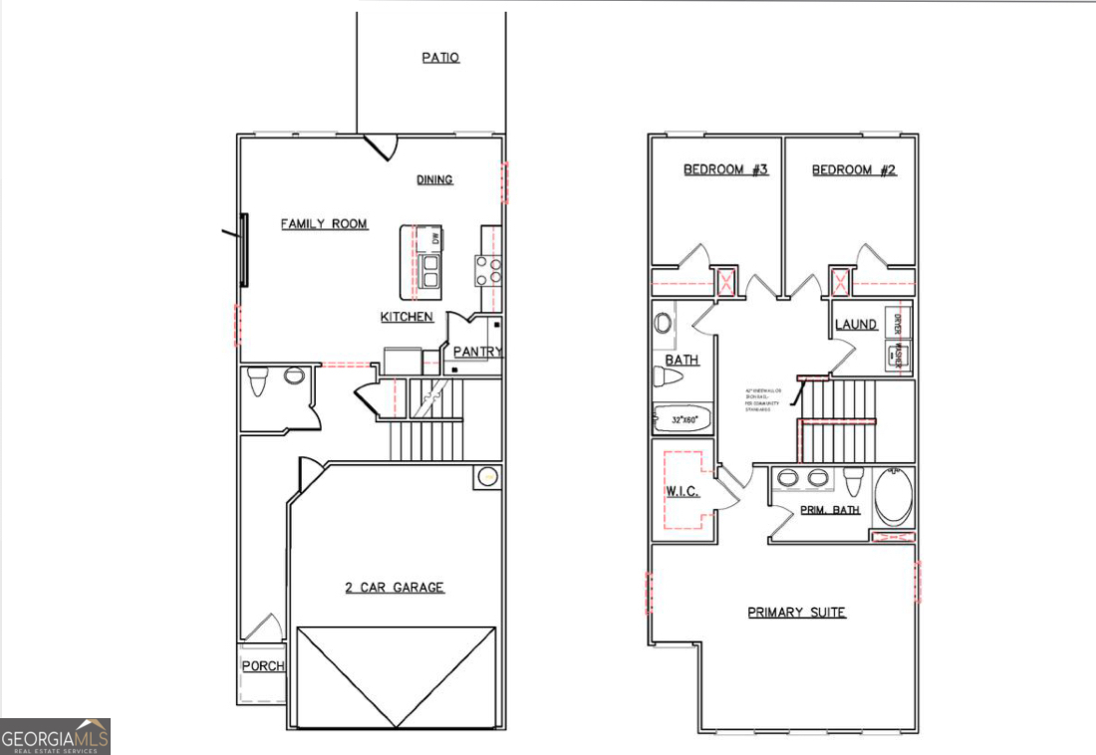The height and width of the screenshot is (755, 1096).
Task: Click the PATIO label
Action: click(440, 58)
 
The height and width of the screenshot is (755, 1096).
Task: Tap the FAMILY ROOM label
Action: click(324, 224)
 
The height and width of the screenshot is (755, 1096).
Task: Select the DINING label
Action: click(434, 179)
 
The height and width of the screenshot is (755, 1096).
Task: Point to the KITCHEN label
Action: click(407, 317)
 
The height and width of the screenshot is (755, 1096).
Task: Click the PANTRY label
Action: click(477, 352)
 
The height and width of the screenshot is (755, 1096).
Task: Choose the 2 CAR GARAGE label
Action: click(395, 588)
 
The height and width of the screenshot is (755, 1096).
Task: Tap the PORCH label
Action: click(263, 665)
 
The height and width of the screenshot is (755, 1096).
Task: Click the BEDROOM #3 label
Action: click(725, 169)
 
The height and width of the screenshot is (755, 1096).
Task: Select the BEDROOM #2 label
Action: click(854, 169)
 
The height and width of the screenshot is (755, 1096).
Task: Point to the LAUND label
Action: click(856, 324)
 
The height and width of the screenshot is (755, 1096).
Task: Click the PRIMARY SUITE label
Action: click(796, 612)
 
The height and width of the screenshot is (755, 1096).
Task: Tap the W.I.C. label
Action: click(683, 492)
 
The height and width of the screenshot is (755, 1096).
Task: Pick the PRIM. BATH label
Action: click(830, 510)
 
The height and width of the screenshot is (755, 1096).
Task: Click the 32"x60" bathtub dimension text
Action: click(683, 419)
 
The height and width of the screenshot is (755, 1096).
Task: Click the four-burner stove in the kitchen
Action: click(488, 271)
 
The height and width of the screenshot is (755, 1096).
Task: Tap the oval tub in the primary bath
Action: click(894, 497)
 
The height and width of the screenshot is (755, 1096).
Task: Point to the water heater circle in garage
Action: click(486, 477)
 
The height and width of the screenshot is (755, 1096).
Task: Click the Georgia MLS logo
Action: click(55, 737)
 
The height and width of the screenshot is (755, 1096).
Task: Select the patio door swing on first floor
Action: click(381, 147)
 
